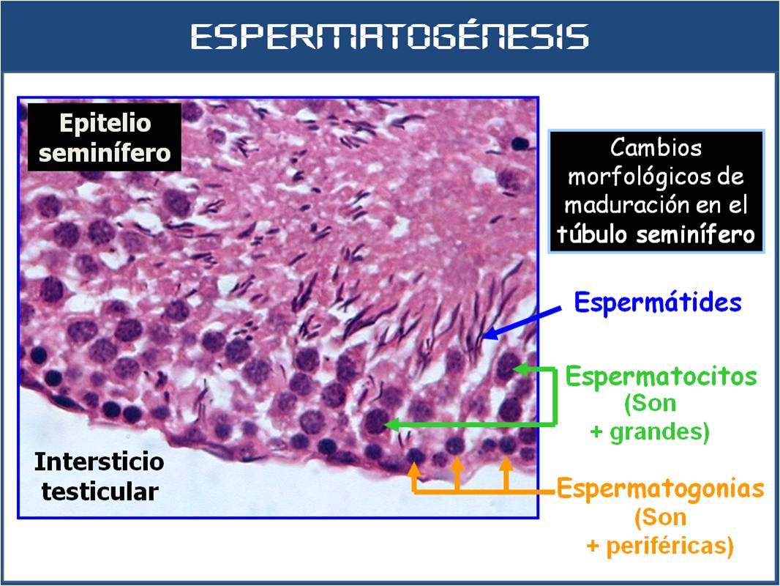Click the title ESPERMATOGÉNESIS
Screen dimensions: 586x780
click(x=389, y=37)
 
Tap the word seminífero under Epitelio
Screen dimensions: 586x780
click(x=105, y=153)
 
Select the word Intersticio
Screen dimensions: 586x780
click(x=100, y=462)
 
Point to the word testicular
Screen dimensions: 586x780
click(x=100, y=491)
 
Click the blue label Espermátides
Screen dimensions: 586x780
click(x=658, y=302)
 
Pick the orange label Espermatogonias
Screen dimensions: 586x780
click(x=660, y=488)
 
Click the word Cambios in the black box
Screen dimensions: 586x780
click(x=656, y=148)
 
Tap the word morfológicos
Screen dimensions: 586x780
click(x=656, y=177)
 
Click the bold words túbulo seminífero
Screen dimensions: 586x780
click(x=656, y=234)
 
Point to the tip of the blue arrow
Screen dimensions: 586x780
click(x=484, y=338)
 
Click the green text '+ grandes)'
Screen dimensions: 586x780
click(x=650, y=432)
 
